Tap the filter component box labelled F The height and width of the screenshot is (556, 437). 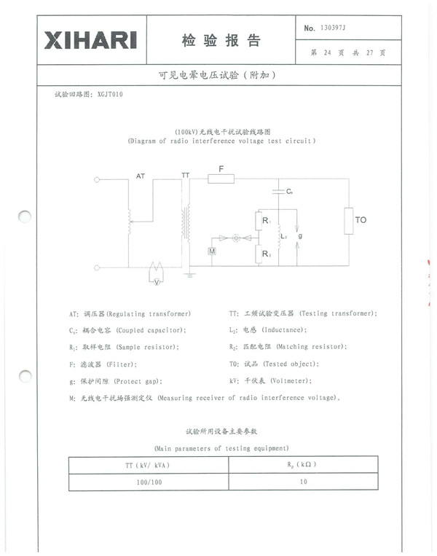pos(221,179)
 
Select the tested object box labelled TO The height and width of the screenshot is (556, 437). pos(350,219)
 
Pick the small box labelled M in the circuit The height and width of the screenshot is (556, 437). pos(212,251)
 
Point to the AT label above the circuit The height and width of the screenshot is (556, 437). pos(141,176)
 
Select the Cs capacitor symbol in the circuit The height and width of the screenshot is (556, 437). pos(278,191)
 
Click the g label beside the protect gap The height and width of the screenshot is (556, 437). pos(300,236)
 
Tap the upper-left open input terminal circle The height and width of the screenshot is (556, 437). pos(96,179)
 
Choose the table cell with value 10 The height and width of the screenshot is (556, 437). pos(302,482)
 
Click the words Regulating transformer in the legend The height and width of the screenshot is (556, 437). pos(150,313)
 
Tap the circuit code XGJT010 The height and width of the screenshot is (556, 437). pos(110,95)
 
